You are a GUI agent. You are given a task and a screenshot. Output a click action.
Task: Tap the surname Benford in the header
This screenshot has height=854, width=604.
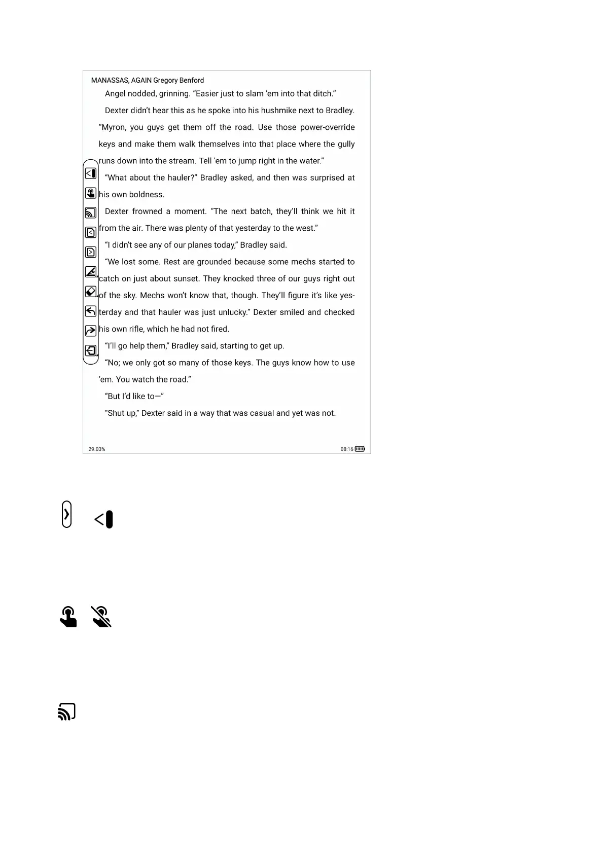[x=192, y=80]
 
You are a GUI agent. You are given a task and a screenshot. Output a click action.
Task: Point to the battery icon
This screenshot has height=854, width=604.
[x=360, y=449]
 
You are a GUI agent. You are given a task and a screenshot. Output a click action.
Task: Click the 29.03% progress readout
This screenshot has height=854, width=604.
[x=97, y=449]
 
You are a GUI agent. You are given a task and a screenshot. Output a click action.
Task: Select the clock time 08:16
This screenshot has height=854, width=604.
[x=347, y=449]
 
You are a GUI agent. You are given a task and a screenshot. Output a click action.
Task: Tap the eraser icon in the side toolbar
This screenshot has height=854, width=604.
[x=91, y=292]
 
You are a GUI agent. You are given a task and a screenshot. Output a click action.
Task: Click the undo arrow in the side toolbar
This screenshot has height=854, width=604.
[x=91, y=311]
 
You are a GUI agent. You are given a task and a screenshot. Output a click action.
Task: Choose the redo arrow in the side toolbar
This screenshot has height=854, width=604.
[x=91, y=331]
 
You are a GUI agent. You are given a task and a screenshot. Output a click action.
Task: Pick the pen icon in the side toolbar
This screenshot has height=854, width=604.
[x=91, y=272]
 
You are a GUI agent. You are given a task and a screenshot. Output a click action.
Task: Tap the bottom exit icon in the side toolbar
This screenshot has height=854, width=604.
[x=91, y=350]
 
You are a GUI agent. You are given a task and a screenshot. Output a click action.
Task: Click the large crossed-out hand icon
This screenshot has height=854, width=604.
[x=101, y=617]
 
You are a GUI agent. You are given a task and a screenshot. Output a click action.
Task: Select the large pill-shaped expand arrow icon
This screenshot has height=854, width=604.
[x=66, y=514]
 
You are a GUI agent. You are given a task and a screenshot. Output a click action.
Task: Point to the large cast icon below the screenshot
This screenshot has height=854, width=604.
[x=67, y=711]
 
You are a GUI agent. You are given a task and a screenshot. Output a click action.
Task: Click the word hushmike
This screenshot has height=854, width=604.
[x=278, y=111]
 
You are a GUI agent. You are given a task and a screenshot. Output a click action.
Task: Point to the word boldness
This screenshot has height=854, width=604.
[x=147, y=195]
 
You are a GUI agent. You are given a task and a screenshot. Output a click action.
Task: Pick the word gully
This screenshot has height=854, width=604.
[x=346, y=144]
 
